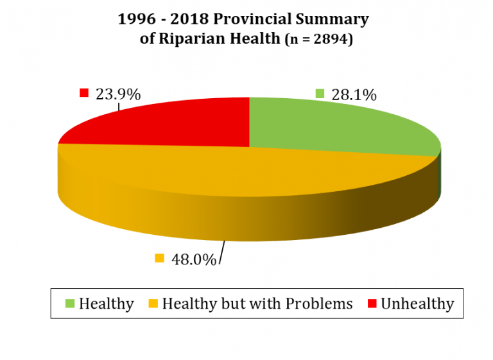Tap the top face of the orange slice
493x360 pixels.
225,173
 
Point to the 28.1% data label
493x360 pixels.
354,94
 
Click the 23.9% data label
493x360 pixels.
117,94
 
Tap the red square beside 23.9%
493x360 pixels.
83,93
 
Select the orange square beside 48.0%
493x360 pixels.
160,259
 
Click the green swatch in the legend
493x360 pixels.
69,303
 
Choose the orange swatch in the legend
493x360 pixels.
152,303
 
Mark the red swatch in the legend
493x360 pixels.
371,303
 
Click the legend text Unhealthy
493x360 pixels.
417,304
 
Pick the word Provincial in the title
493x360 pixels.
259,19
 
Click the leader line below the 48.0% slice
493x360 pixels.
222,252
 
